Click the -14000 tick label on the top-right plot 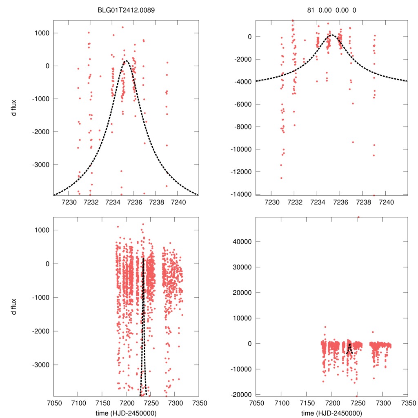pyautogui.click(x=240, y=194)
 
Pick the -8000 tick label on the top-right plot pyautogui.click(x=242, y=127)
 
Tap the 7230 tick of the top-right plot pyautogui.click(x=272, y=202)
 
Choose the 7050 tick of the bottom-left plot pyautogui.click(x=54, y=402)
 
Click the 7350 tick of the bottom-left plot pyautogui.click(x=199, y=402)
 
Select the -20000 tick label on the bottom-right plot pyautogui.click(x=241, y=395)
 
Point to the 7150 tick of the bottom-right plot pyautogui.click(x=307, y=402)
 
